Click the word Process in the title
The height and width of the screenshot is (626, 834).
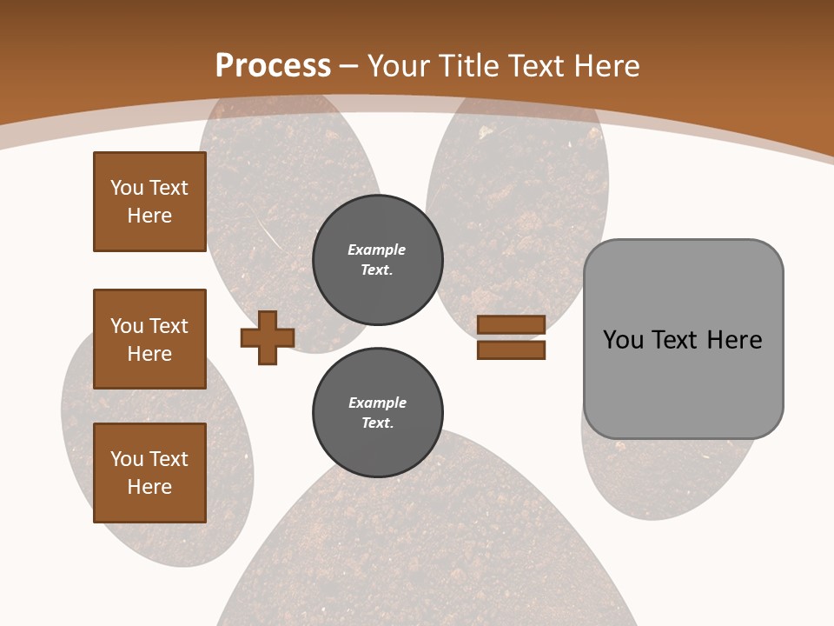point(273,66)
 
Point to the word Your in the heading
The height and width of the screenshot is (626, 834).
point(400,66)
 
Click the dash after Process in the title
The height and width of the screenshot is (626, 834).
point(349,67)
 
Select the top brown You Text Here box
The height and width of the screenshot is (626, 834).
point(149,202)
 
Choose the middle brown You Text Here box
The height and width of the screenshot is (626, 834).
point(149,339)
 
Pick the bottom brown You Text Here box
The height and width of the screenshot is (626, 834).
point(149,473)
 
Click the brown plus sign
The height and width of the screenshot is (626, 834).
point(268,337)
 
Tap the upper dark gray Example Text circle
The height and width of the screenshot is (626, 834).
point(377,260)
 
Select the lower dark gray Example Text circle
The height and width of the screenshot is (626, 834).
point(377,413)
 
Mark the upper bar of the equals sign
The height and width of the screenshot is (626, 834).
point(511,324)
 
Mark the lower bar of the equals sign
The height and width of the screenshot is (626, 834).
point(511,350)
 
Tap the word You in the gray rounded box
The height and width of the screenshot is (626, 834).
point(625,340)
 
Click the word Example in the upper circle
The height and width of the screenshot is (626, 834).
point(377,250)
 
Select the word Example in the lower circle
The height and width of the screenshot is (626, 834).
point(377,403)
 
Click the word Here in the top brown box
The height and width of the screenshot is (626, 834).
point(149,216)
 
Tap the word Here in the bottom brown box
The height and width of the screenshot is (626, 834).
point(149,487)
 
